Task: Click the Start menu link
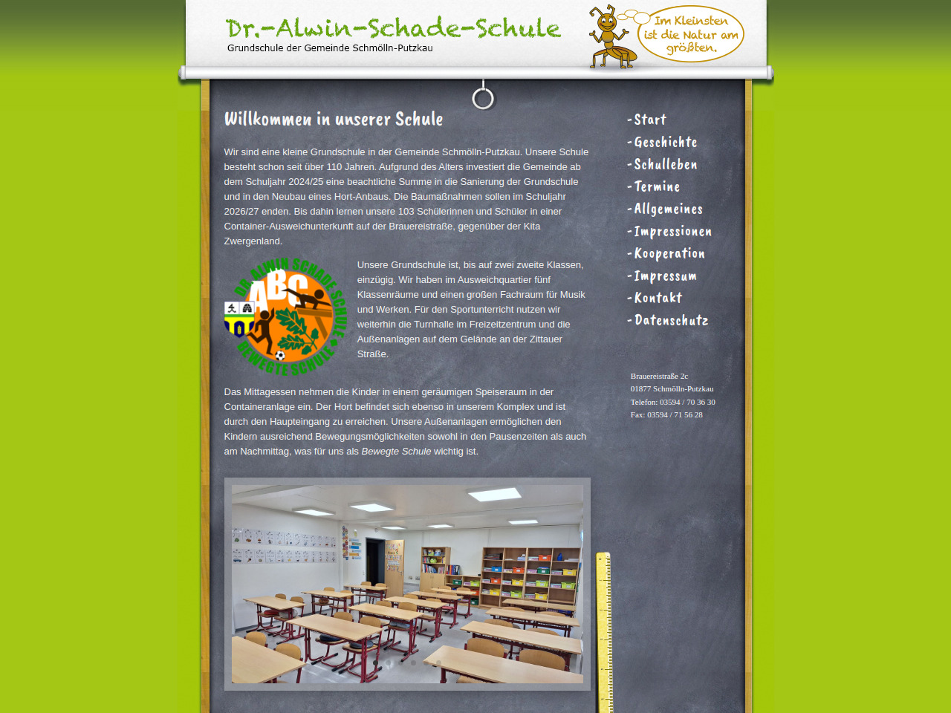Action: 650,120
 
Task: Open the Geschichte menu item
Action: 665,142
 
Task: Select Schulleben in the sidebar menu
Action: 665,164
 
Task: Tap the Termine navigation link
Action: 657,186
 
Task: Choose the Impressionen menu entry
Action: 672,231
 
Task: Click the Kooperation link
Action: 669,253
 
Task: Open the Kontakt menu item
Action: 658,298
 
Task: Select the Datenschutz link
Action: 671,320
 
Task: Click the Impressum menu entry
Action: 665,276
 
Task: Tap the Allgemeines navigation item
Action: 668,209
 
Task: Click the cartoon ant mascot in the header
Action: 609,37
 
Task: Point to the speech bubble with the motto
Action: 691,34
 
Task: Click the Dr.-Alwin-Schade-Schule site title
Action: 393,28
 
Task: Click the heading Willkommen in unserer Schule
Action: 334,119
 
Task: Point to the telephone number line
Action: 672,402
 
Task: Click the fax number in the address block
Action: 666,414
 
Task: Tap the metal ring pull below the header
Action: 483,98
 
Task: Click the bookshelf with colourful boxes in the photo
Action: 530,576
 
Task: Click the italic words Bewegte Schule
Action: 396,452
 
